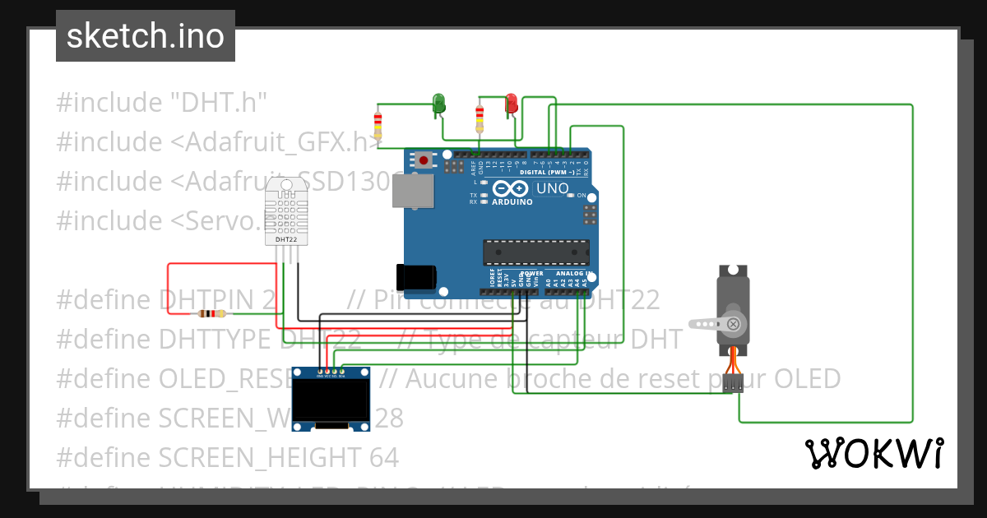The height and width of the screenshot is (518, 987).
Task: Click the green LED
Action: point(439,102)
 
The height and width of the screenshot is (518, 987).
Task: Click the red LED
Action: point(512,102)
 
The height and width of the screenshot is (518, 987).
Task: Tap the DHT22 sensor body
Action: point(287,210)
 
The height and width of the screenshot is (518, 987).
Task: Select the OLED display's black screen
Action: point(331,400)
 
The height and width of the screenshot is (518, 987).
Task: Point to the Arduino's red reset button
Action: point(424,160)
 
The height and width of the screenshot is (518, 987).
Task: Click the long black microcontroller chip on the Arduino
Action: point(535,252)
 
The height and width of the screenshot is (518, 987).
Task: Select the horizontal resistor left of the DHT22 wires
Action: point(213,313)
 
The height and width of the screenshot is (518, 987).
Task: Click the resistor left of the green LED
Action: point(378,125)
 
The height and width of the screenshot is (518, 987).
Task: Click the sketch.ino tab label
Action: point(146,36)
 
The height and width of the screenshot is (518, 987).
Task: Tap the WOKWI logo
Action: point(873,453)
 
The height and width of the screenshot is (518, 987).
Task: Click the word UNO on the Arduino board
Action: point(552,188)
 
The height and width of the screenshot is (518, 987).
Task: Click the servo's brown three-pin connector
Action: point(733,382)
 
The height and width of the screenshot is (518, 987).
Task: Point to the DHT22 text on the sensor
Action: point(286,239)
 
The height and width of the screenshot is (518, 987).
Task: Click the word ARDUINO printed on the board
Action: point(512,201)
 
